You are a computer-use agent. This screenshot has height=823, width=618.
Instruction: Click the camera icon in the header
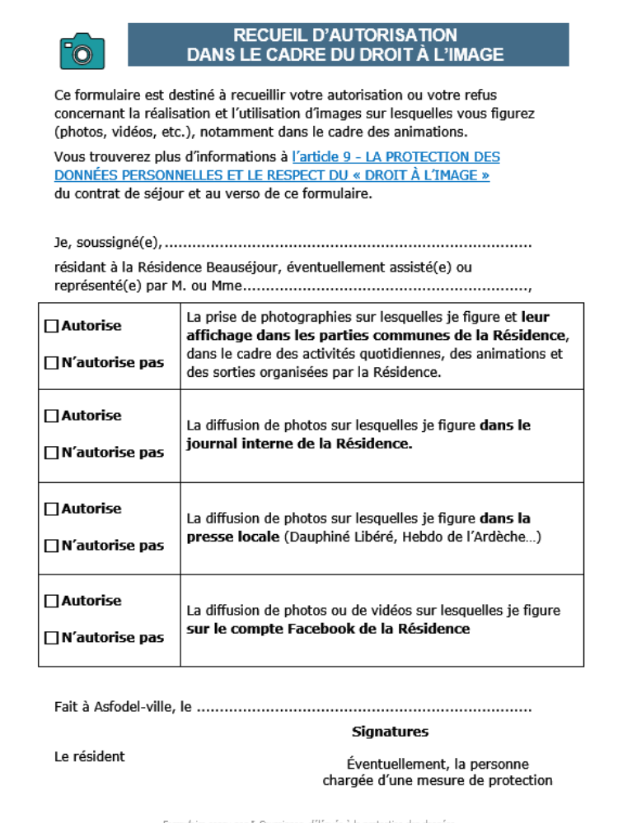[x=82, y=51]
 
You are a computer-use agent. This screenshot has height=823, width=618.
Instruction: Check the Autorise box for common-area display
[x=51, y=326]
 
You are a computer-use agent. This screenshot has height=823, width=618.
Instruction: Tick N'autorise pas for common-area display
[x=51, y=363]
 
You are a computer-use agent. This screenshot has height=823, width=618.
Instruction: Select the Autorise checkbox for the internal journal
[x=51, y=416]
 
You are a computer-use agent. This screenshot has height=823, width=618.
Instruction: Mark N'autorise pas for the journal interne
[x=51, y=453]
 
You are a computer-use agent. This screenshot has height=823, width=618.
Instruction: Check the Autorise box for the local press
[x=51, y=509]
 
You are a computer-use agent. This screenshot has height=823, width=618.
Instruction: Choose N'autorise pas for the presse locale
[x=51, y=546]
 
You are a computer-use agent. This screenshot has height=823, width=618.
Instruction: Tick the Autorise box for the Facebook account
[x=51, y=602]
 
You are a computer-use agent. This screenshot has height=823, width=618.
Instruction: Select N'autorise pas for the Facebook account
[x=51, y=638]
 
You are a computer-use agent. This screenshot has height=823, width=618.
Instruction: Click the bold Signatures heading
[x=390, y=732]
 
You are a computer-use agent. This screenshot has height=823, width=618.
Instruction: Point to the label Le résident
[x=90, y=756]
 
